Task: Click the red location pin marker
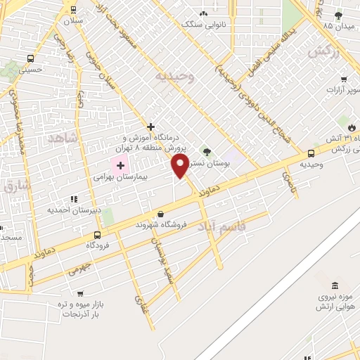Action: [180, 166]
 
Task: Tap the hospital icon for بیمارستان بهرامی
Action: [120, 166]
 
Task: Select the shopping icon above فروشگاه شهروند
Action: [161, 214]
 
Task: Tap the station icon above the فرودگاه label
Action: [96, 236]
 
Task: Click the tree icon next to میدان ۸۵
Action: [338, 15]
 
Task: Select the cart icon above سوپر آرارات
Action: [344, 79]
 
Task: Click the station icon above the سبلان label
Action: [73, 10]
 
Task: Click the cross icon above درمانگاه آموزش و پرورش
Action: [150, 127]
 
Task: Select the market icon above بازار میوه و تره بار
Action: [79, 294]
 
